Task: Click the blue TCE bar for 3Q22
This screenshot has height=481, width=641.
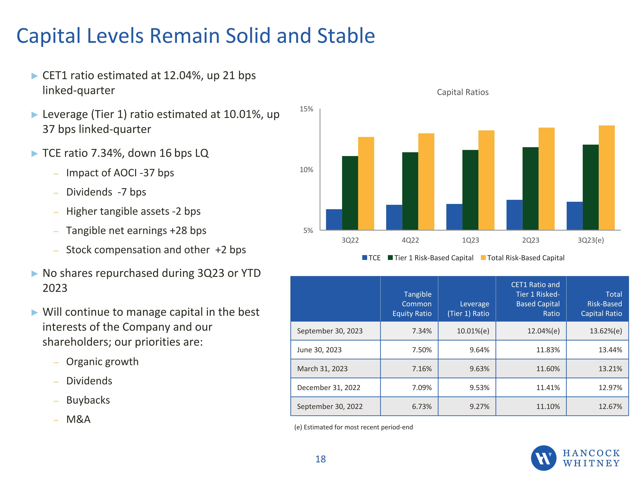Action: point(334,220)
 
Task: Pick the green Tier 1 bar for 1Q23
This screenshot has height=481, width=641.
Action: point(470,190)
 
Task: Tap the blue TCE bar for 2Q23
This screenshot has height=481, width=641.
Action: point(514,215)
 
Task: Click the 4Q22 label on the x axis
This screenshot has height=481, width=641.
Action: point(410,240)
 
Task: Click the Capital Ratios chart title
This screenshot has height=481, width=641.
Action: point(463,92)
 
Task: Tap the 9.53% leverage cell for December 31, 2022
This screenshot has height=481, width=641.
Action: point(479,387)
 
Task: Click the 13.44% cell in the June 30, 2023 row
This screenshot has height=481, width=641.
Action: point(610,350)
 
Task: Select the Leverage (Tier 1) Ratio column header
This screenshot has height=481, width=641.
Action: point(468,308)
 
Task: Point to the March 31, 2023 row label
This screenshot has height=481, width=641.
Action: point(322,369)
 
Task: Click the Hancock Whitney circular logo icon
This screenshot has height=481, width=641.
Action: point(543,458)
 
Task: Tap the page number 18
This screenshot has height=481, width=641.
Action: point(320,459)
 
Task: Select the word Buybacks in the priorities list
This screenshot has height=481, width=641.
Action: point(88,400)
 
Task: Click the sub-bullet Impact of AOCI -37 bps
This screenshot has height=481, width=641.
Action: point(120,173)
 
